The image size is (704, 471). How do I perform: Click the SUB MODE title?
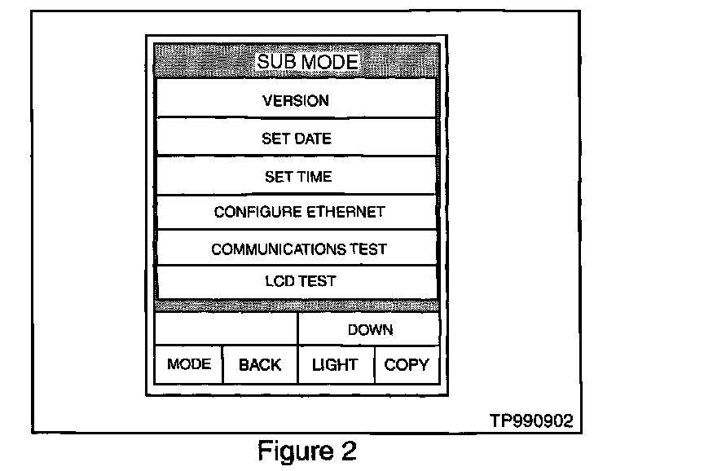[307, 62]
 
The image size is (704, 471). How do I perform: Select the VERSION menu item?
[296, 101]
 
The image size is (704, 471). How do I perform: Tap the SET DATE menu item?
[296, 139]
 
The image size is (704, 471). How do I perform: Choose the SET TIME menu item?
[297, 177]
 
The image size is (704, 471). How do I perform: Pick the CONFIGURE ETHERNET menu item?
[299, 213]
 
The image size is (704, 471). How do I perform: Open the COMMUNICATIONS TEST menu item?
[298, 249]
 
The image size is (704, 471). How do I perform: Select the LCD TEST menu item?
[300, 281]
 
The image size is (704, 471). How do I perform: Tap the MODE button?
[188, 364]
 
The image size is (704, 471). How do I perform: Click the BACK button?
[260, 365]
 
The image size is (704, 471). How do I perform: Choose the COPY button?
[406, 365]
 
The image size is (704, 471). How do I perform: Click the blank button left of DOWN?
[226, 330]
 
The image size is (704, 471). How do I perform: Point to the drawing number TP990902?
[531, 420]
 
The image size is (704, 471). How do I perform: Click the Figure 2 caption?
[306, 451]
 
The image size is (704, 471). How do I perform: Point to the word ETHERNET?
[345, 213]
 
